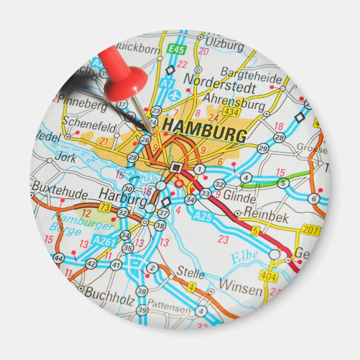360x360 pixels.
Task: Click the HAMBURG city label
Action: tap(205, 130)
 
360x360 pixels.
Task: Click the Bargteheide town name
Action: tap(249, 72)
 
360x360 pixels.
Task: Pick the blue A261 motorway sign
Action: tap(104, 240)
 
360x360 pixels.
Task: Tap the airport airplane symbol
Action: tap(178, 94)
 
